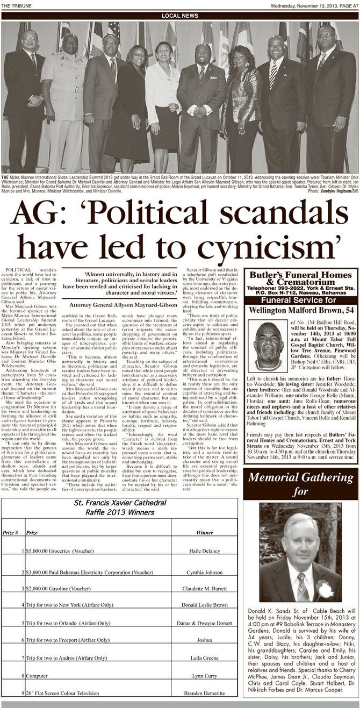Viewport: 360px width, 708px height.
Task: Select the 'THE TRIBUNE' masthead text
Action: [x=16, y=4]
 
